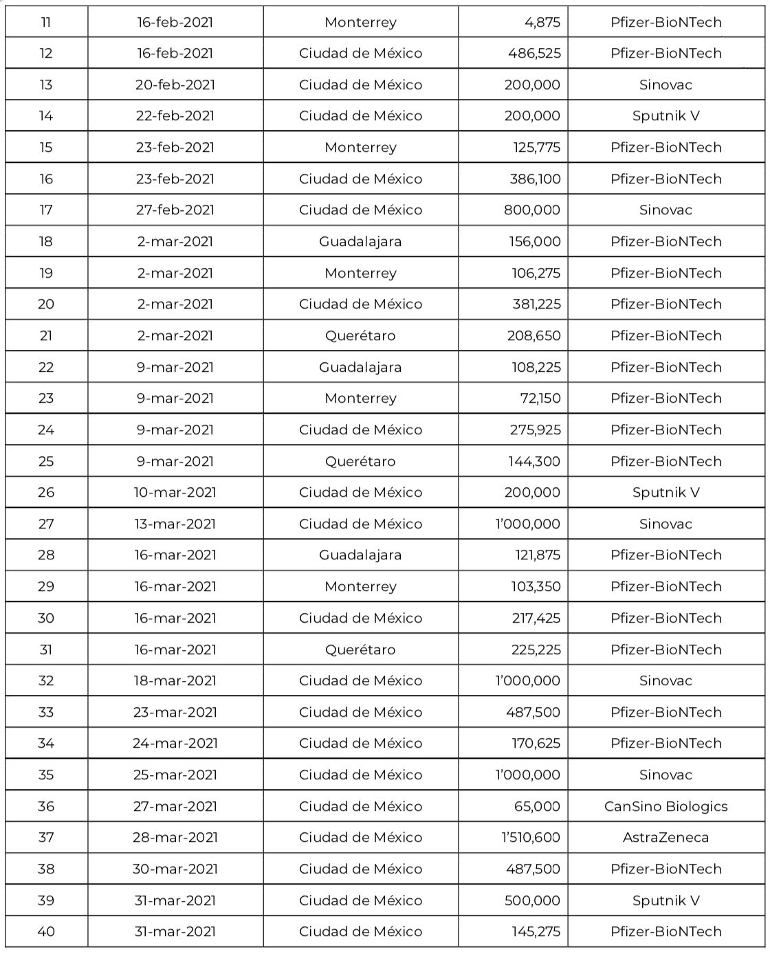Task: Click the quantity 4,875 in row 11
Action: point(542,22)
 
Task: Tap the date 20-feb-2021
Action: point(175,85)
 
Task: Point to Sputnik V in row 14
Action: point(665,115)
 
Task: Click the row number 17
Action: point(46,210)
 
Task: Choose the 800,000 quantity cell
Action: point(532,210)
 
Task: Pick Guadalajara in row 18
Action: point(360,241)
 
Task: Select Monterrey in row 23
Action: point(360,398)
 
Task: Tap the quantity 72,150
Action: point(540,398)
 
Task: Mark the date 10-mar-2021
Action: point(175,492)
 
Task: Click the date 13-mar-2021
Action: point(175,524)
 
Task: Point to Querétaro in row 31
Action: point(360,649)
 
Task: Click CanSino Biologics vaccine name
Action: point(665,806)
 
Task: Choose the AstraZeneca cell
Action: point(665,837)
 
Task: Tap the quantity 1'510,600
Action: point(527,837)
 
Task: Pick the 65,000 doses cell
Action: point(537,806)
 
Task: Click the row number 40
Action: point(46,931)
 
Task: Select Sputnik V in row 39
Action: point(665,900)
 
